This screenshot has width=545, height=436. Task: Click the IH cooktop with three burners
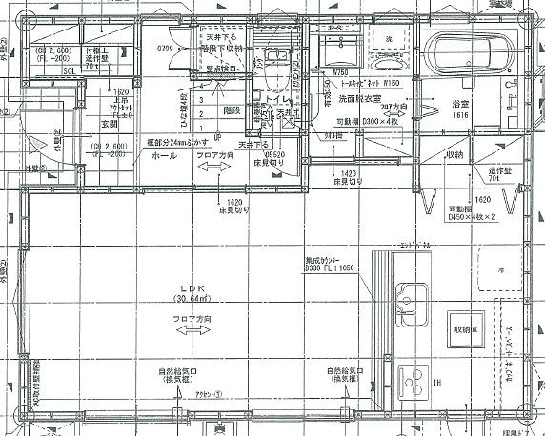[x=414, y=386]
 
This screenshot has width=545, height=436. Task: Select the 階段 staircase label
[x=231, y=110]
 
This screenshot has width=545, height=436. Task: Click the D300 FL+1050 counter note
[x=330, y=268]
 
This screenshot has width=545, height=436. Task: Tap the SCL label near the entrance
[x=70, y=70]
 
